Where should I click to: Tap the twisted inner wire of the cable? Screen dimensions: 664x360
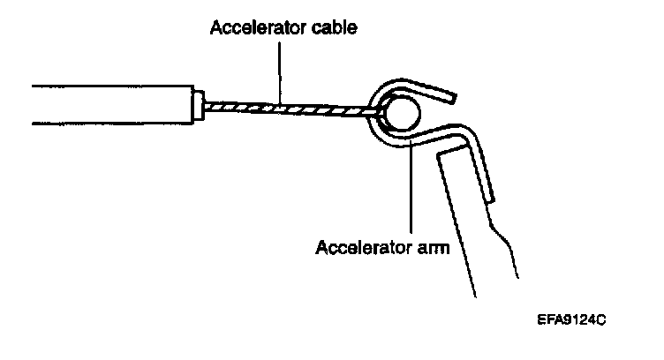point(291,108)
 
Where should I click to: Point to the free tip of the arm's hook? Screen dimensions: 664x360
point(453,94)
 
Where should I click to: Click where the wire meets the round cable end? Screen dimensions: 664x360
point(381,112)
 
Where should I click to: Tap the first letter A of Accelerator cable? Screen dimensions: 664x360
point(215,28)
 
